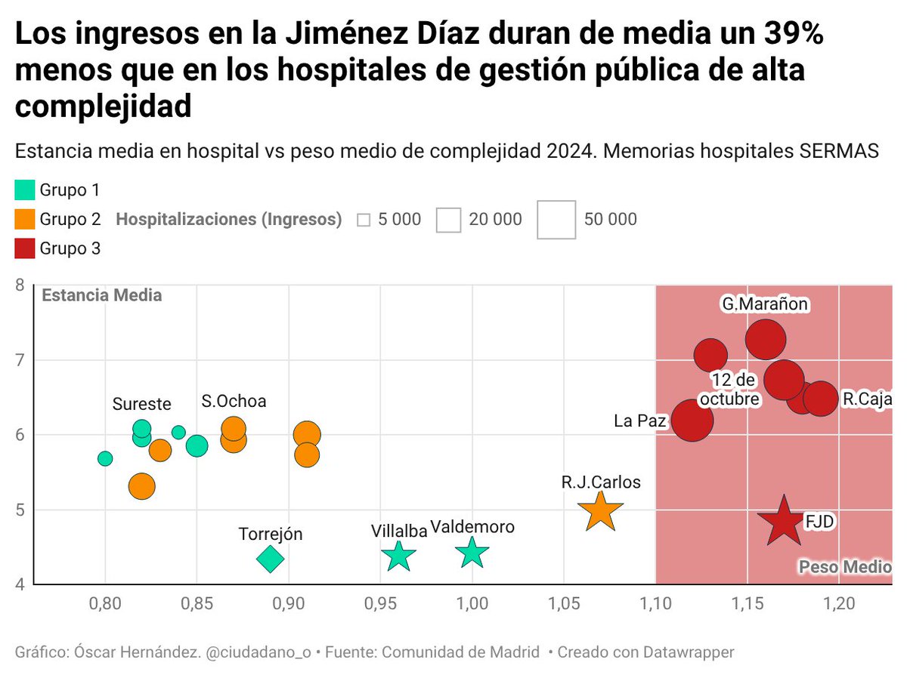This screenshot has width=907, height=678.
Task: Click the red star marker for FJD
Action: coord(784,522)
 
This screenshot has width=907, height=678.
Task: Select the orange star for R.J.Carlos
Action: coord(599,511)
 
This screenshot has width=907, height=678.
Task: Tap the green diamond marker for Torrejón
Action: coord(270,559)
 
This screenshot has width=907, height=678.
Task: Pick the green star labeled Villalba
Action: coord(399,556)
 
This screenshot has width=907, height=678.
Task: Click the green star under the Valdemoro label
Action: coord(472,553)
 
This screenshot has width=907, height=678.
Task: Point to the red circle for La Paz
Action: coord(692,421)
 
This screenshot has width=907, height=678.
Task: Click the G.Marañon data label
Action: coord(765,304)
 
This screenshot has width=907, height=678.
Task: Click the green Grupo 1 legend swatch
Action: coord(25,190)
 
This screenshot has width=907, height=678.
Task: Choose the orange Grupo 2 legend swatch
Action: coord(25,219)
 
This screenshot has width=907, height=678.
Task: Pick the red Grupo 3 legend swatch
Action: coord(25,248)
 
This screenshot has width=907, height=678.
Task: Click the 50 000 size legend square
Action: coord(556,220)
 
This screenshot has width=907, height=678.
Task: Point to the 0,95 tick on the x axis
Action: coord(380,604)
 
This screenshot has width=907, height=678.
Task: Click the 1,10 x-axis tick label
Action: coord(655,604)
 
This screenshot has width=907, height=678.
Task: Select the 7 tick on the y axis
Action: coord(20,359)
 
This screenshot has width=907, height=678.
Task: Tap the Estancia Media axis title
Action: coord(101,295)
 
